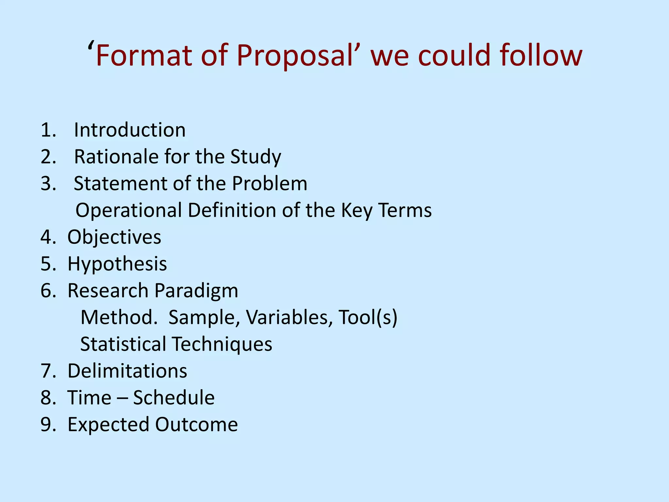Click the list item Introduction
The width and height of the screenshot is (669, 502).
click(x=130, y=130)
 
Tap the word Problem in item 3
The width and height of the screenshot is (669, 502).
click(x=269, y=183)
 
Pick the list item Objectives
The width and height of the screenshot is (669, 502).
click(x=114, y=237)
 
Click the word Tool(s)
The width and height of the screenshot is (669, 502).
click(x=368, y=317)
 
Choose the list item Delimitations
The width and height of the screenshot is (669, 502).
click(x=127, y=371)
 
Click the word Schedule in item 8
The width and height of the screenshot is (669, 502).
click(x=174, y=398)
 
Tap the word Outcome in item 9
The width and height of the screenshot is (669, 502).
click(x=196, y=425)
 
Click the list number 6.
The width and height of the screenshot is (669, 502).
click(x=48, y=291)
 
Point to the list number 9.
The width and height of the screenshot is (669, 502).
click(x=48, y=425)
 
